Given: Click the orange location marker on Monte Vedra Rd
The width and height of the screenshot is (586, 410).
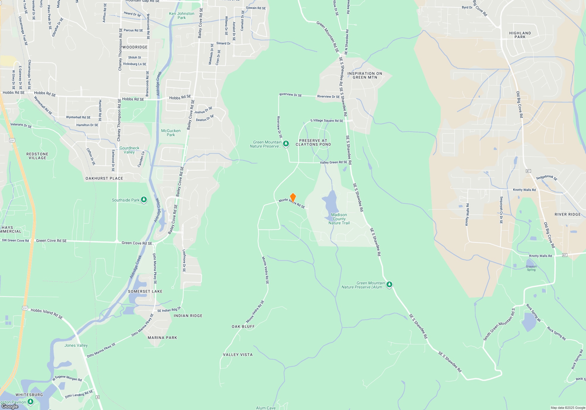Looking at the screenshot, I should coord(293,198).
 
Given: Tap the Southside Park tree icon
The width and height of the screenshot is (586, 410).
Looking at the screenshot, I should coord(144,200).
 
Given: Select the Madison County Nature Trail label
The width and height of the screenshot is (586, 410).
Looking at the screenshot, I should coord(339,219).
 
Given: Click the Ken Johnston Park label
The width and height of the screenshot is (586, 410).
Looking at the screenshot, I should coord(182,16).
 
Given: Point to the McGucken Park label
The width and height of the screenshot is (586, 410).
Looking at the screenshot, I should coord(171,133).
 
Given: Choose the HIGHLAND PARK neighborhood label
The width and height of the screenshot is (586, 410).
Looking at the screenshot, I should coord(520,35).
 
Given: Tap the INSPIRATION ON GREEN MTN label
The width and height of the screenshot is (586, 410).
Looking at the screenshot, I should coord(365,75).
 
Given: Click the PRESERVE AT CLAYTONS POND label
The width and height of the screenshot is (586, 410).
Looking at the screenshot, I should coord(313,142).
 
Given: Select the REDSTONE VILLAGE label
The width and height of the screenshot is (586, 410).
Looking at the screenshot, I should coord(37,156).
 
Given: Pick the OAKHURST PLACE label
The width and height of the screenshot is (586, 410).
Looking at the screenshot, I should coord(104,178).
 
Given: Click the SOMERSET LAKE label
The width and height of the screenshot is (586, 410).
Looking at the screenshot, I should coord(145,291).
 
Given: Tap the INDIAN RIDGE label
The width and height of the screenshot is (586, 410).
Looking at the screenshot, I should coord(188,316).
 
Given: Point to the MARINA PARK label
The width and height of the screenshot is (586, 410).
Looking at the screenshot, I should coord(162,338).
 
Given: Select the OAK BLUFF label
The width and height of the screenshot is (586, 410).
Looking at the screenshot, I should coord(243,327).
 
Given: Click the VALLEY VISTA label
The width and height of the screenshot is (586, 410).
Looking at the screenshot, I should coord(238,355).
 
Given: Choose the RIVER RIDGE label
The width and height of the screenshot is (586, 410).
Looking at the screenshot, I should coord(568,214).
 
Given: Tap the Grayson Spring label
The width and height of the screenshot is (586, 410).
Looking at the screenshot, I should coord(531,268).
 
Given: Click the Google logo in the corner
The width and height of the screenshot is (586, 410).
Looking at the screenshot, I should coord(10,406).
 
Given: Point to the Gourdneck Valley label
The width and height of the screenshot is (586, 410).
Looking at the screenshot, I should coord(129,150).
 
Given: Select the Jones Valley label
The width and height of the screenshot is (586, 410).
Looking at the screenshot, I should coord(76,345).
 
